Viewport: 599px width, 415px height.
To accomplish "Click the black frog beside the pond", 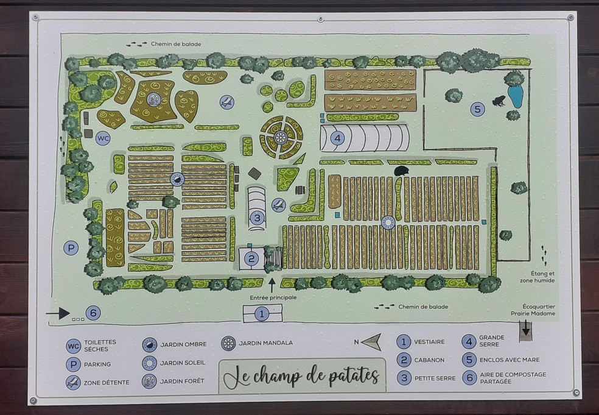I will [x=498, y=101].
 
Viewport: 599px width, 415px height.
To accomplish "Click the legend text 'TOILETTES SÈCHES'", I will [x=100, y=346].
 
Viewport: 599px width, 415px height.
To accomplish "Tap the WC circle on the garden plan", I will [x=103, y=139].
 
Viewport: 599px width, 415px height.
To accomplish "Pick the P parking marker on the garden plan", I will [x=71, y=248].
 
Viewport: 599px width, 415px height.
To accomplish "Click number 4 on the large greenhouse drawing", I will [x=337, y=138].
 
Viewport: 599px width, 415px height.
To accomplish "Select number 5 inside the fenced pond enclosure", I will [x=477, y=110].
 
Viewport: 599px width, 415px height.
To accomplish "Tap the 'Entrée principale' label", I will [x=273, y=297].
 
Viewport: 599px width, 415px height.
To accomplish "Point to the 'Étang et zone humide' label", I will [x=534, y=277].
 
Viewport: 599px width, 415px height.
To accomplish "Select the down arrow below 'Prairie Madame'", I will [x=525, y=328].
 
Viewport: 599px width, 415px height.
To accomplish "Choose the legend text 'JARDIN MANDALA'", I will [x=265, y=343].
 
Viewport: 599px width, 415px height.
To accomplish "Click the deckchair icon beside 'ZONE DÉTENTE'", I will [x=74, y=382].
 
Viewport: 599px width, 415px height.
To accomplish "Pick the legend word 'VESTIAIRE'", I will [x=430, y=342].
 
